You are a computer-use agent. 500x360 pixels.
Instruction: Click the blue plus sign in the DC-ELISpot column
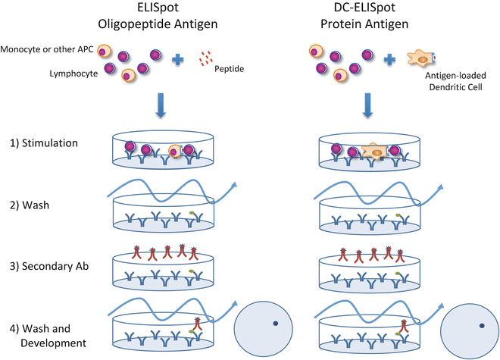pos(390,58)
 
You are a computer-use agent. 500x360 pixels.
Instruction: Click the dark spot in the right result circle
pos(480,324)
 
